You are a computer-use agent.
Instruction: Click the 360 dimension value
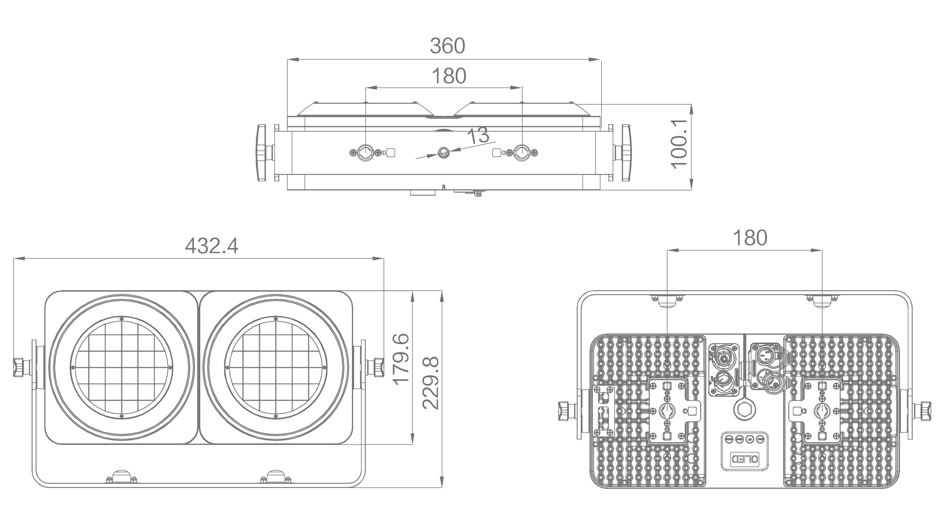point(447,46)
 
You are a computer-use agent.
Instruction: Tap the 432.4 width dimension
point(212,246)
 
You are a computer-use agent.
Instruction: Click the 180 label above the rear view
point(750,238)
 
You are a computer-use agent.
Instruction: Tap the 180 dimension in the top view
point(449,76)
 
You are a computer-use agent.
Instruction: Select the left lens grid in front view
point(122,367)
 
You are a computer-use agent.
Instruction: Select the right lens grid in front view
point(276,367)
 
